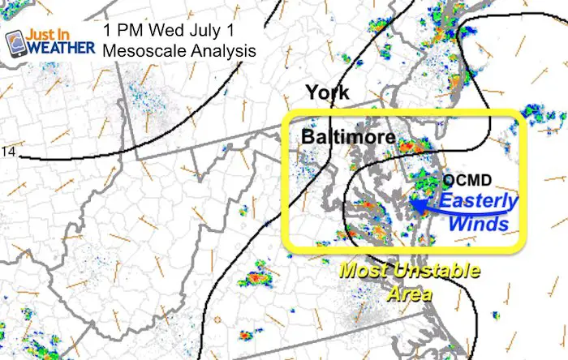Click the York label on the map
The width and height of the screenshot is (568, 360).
pyautogui.click(x=327, y=92)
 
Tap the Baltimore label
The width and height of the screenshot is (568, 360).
pyautogui.click(x=348, y=138)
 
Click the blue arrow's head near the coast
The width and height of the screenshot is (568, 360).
pyautogui.click(x=415, y=205)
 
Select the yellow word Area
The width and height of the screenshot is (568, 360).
pyautogui.click(x=409, y=293)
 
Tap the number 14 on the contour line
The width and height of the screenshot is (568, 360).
pyautogui.click(x=9, y=152)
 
